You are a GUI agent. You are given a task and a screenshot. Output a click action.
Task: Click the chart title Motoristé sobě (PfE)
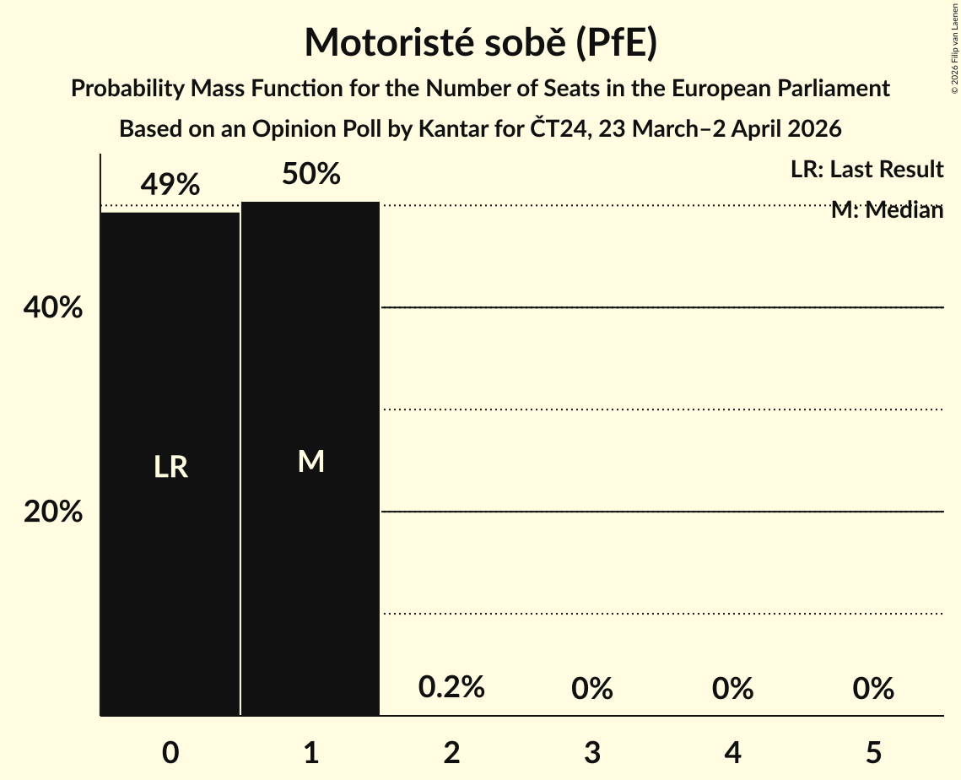pyautogui.click(x=480, y=42)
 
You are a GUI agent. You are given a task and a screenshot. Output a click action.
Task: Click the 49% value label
pyautogui.click(x=170, y=184)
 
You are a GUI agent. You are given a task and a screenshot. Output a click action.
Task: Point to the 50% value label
pyautogui.click(x=310, y=174)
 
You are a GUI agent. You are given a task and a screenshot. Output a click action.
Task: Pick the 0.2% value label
pyautogui.click(x=451, y=687)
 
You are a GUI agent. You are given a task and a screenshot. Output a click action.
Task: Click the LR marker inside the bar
pyautogui.click(x=170, y=467)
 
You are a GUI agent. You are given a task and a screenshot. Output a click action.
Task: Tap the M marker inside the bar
pyautogui.click(x=310, y=461)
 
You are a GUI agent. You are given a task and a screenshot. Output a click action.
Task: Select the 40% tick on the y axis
pyautogui.click(x=53, y=308)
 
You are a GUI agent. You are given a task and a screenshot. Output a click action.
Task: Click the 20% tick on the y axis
pyautogui.click(x=53, y=512)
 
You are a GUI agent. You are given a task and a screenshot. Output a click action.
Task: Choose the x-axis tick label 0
pyautogui.click(x=170, y=752)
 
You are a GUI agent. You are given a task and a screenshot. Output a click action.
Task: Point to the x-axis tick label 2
pyautogui.click(x=451, y=752)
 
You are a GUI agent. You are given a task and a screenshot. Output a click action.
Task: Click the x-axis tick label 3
pyautogui.click(x=591, y=752)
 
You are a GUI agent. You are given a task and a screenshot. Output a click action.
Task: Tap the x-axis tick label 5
pyautogui.click(x=872, y=752)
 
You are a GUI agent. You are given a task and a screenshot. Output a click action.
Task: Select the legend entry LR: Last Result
pyautogui.click(x=867, y=170)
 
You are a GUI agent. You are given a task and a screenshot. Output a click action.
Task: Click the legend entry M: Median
pyautogui.click(x=887, y=210)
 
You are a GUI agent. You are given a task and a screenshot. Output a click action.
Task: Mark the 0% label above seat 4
pyautogui.click(x=732, y=689)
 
